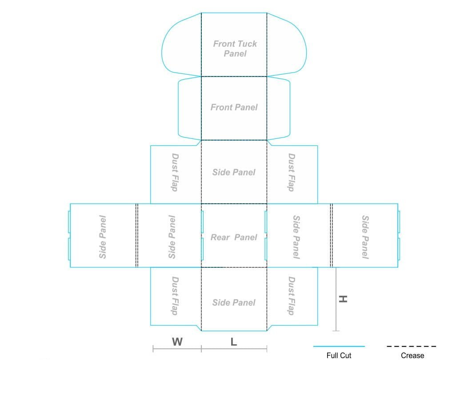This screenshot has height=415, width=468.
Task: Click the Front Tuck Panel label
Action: click(235, 48)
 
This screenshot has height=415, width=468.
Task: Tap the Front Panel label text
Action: click(234, 107)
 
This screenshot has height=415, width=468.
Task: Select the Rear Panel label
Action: click(234, 237)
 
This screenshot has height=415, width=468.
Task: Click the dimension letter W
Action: click(177, 342)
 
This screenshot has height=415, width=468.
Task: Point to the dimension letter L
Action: click(234, 342)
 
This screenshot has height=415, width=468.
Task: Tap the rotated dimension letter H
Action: click(343, 299)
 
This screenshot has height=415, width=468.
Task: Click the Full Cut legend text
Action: click(339, 355)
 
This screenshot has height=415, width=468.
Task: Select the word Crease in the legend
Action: click(412, 355)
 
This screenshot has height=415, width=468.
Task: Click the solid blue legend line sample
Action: click(339, 347)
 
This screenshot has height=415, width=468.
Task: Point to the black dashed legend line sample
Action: click(411, 347)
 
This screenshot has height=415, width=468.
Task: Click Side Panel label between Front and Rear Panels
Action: click(234, 172)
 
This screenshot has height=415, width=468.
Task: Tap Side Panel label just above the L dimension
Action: click(234, 302)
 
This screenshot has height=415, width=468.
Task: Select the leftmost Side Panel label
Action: click(102, 237)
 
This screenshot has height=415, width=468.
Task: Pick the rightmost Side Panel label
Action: click(365, 237)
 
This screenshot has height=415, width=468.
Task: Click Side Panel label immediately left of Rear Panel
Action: click(172, 237)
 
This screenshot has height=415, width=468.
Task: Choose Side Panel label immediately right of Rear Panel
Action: click(296, 237)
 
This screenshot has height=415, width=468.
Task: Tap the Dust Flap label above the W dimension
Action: click(175, 296)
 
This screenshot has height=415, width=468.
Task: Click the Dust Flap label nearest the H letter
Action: click(291, 296)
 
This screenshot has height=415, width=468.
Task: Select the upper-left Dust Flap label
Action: click(175, 173)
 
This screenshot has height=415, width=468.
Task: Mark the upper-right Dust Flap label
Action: click(291, 173)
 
